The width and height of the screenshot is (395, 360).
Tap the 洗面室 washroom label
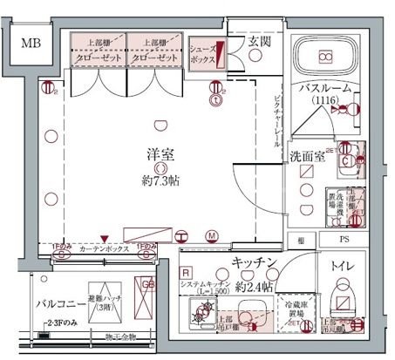click(x=307, y=156)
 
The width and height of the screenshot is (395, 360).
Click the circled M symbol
click(x=211, y=235)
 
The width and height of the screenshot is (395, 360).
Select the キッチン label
click(x=255, y=262)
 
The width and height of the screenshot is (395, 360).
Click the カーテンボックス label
click(x=104, y=249)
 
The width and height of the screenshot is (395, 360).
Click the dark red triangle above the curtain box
click(x=104, y=238)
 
